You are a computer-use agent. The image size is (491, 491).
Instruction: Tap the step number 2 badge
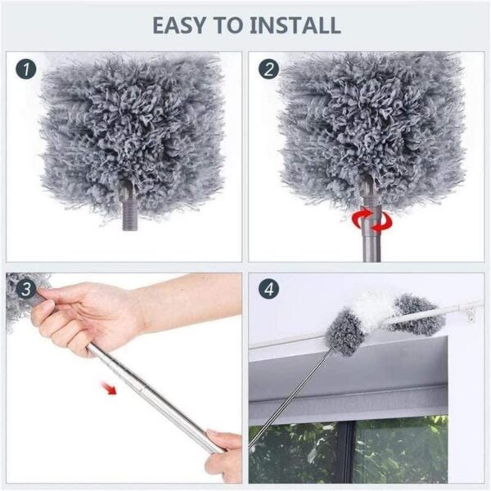[x=268, y=70]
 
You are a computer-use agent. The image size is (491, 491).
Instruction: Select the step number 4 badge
[x=268, y=289]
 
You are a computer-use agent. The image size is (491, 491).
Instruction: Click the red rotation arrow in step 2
[x=367, y=219]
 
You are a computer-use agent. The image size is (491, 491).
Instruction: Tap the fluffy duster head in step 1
[x=131, y=131]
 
